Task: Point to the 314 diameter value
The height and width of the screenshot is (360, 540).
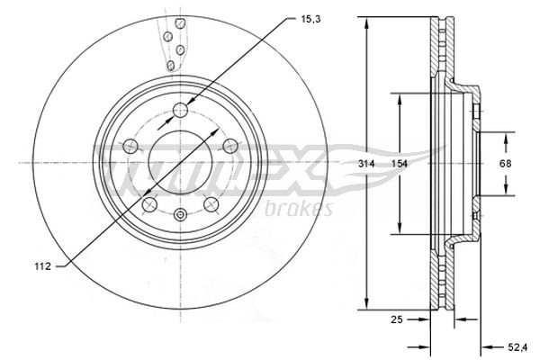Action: coord(365,164)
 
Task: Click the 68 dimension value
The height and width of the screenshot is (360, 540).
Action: coord(506,164)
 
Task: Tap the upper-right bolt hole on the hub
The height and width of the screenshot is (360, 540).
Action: coord(229,146)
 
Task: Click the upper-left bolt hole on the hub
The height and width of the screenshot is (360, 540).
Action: coord(130,146)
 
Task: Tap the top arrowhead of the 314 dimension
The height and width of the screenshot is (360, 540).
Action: coord(366,22)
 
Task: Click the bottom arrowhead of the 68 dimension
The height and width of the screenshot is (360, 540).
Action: coord(506,191)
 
